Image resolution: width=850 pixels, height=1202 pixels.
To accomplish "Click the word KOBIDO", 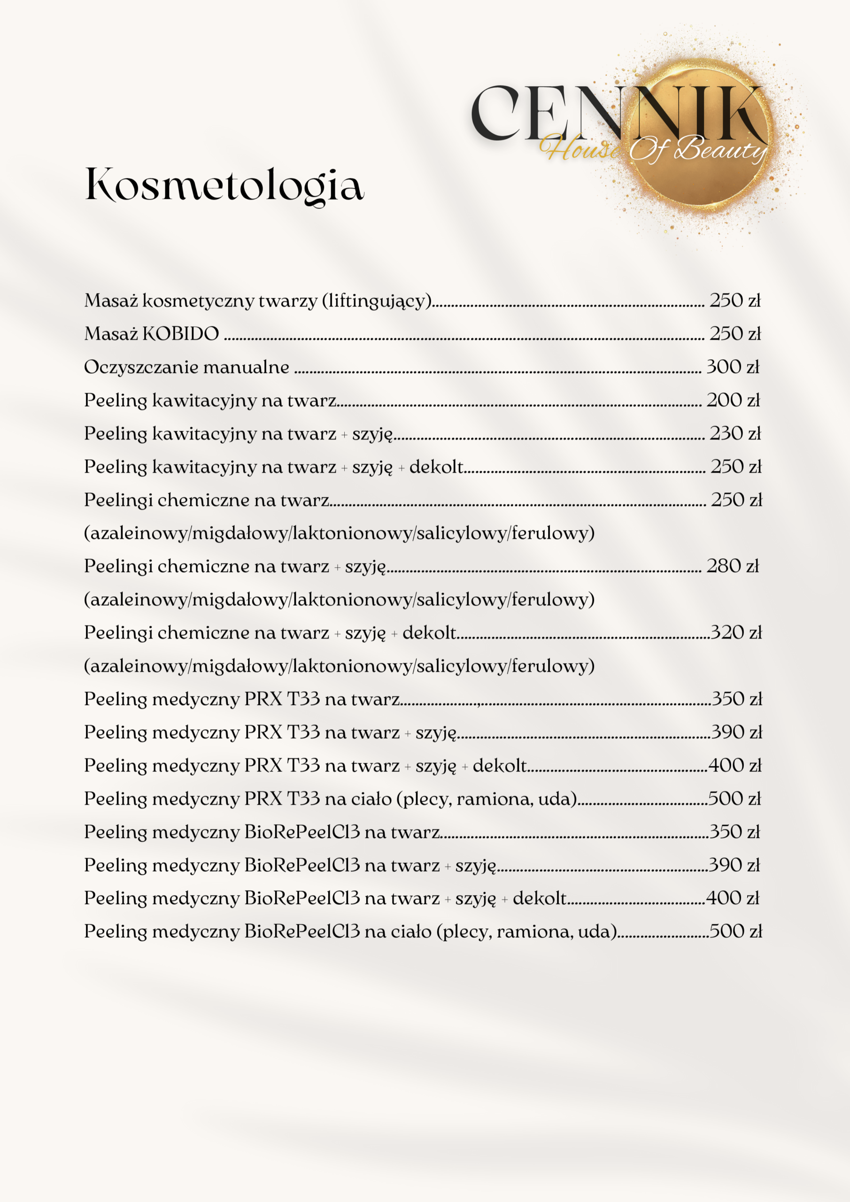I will pyautogui.click(x=181, y=334).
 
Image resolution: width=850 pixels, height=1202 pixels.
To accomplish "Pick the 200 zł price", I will pyautogui.click(x=733, y=400).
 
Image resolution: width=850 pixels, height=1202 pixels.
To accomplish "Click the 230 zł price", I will pyautogui.click(x=735, y=433).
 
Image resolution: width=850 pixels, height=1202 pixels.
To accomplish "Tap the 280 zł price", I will pyautogui.click(x=732, y=566).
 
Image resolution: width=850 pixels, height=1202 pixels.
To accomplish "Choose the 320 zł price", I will pyautogui.click(x=736, y=632).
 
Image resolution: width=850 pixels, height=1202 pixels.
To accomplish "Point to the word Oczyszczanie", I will pyautogui.click(x=141, y=368).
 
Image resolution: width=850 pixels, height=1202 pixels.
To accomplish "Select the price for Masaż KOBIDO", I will pyautogui.click(x=735, y=334).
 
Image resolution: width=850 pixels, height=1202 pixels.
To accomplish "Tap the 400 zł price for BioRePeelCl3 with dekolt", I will pyautogui.click(x=732, y=898).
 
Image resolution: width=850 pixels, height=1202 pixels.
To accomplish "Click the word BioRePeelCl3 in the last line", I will pyautogui.click(x=301, y=932).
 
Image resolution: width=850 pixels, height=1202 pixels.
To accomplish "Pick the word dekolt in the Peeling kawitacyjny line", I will pyautogui.click(x=436, y=466).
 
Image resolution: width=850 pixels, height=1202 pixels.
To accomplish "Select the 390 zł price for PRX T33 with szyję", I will pyautogui.click(x=736, y=732).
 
